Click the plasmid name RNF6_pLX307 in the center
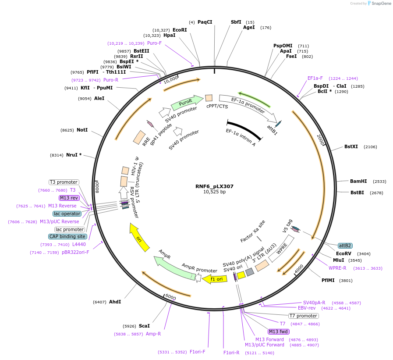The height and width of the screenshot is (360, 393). click(214, 186)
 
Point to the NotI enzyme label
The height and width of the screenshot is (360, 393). click(82, 130)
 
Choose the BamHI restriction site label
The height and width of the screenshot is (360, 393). click(358, 181)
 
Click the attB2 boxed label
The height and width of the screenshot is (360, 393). click(345, 246)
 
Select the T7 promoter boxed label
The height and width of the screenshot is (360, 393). click(303, 316)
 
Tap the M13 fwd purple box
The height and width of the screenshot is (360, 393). click(279, 331)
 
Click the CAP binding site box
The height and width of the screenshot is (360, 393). click(67, 236)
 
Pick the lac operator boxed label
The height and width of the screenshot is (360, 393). click(67, 214)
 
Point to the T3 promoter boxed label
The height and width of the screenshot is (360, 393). click(64, 182)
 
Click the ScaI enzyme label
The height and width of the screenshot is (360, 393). click(144, 326)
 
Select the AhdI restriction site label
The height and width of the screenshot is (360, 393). click(115, 302)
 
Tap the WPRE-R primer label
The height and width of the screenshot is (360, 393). click(337, 268)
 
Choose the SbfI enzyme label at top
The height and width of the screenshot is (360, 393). click(236, 22)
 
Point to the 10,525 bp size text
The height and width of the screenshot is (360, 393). click(214, 192)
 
